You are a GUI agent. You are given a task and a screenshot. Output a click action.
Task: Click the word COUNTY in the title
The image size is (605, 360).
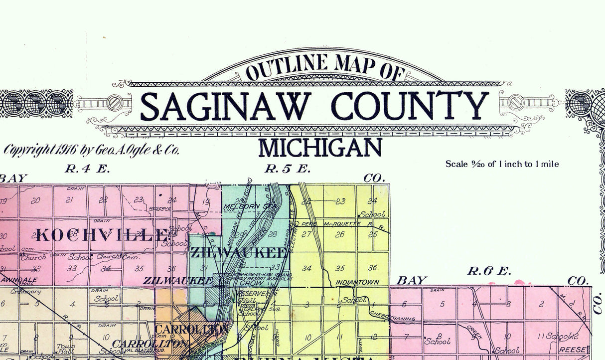[x=411, y=106]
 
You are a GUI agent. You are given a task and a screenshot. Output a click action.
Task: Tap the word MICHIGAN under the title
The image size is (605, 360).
[x=320, y=148]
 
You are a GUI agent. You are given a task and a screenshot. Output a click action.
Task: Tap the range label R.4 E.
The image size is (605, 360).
[x=87, y=169]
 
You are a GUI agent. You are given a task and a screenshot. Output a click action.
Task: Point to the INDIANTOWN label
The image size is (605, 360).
[x=355, y=282]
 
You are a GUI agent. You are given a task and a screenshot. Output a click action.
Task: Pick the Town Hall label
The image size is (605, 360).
[x=63, y=349]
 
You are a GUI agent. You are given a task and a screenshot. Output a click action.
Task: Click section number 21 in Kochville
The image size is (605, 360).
[x=70, y=200]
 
